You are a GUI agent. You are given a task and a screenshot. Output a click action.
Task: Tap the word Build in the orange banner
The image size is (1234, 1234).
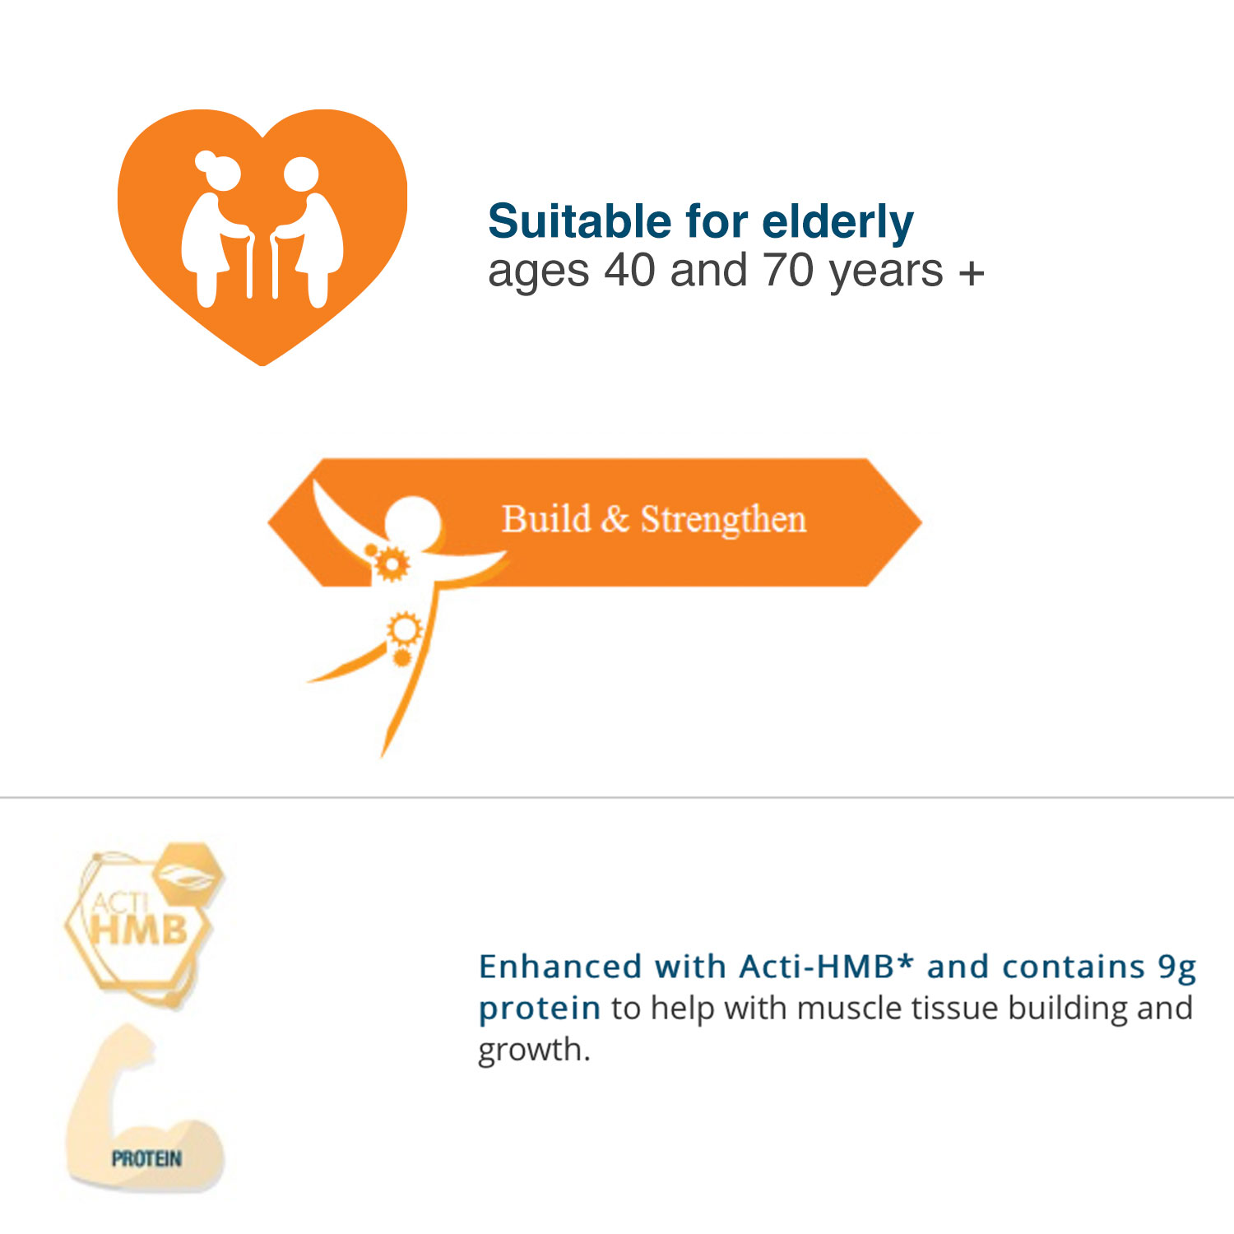point(546,519)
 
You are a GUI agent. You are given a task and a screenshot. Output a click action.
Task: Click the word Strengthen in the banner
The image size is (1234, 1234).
point(723,521)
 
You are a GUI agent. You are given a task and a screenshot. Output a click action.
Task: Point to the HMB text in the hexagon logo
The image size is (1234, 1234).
point(139,930)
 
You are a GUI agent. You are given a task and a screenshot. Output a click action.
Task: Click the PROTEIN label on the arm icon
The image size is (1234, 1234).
point(146,1159)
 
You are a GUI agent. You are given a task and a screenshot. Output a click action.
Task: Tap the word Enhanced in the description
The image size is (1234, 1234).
point(560,967)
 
